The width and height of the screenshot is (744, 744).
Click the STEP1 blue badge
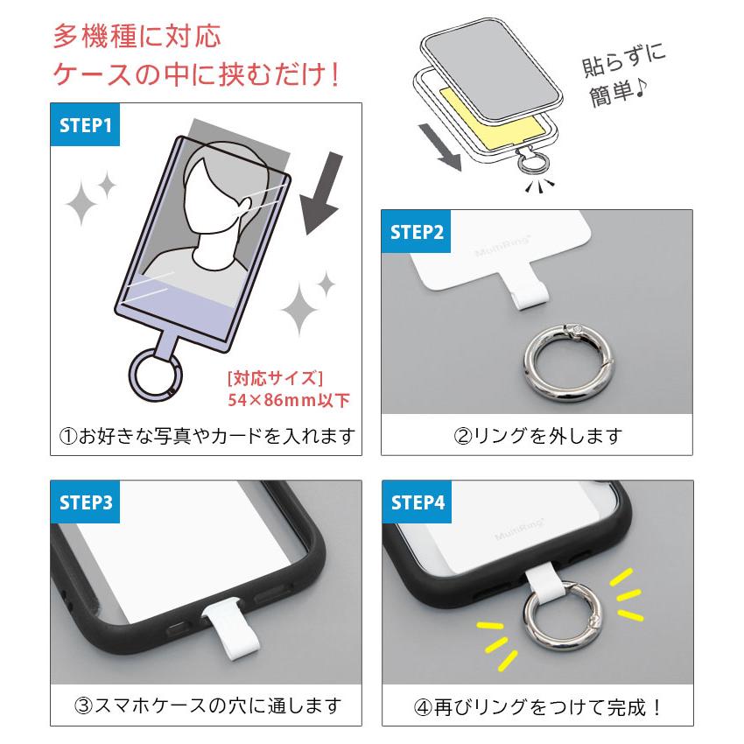[86, 125]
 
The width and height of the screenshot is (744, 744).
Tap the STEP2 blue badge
[418, 232]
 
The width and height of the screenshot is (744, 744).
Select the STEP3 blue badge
[86, 502]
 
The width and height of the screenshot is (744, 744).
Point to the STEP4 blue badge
[418, 502]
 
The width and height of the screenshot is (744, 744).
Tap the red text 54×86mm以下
[288, 401]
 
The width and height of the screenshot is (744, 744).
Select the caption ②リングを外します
[537, 435]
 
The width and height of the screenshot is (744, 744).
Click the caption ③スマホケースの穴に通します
[206, 705]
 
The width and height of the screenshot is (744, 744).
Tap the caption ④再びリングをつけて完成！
[537, 705]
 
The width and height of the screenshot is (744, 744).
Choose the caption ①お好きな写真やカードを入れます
[206, 435]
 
